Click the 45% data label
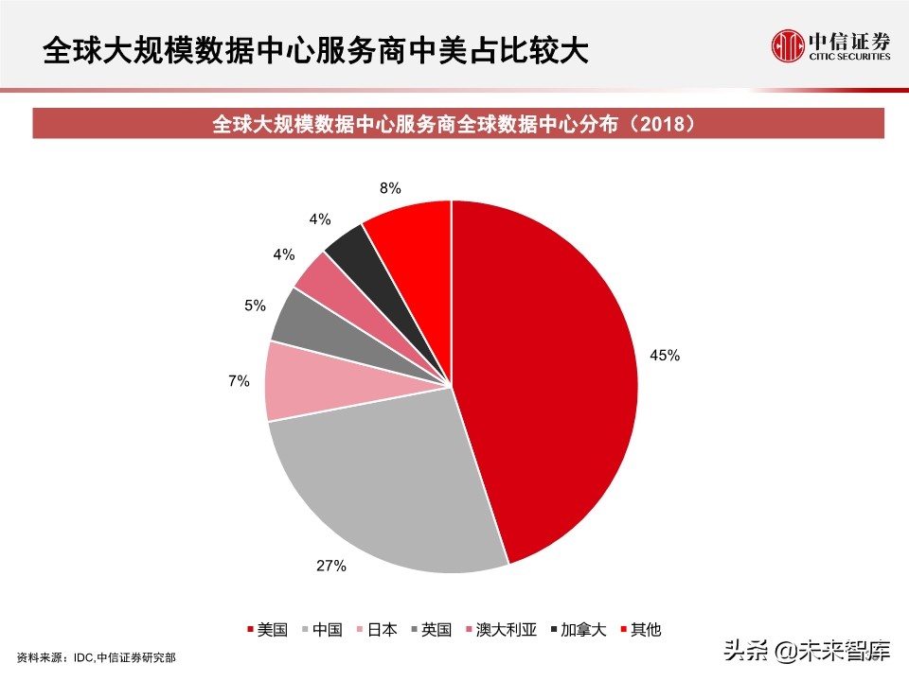[664, 356]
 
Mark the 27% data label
[330, 566]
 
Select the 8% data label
[390, 187]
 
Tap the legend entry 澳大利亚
[512, 630]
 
